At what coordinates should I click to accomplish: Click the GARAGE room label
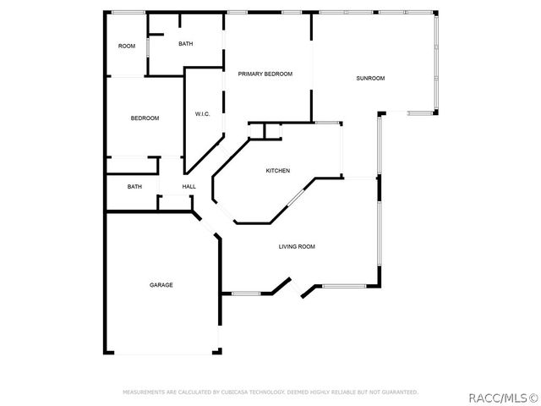[161, 285]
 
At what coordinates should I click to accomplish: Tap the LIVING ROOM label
[297, 246]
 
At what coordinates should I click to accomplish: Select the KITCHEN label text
[278, 171]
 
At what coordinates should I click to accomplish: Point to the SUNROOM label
[370, 79]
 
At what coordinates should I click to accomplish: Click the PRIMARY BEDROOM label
[265, 74]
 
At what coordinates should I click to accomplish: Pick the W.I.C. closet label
[202, 114]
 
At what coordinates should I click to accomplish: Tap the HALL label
[189, 186]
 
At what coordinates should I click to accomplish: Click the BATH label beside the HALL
[134, 186]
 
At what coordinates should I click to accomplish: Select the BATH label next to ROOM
[186, 44]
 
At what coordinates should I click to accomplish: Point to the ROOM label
[127, 46]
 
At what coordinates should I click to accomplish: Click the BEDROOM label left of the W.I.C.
[145, 118]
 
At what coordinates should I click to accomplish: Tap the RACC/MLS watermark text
[504, 398]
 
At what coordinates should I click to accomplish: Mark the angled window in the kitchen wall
[296, 197]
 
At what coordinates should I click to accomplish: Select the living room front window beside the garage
[246, 294]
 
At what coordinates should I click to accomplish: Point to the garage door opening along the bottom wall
[163, 353]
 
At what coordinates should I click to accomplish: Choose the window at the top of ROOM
[128, 13]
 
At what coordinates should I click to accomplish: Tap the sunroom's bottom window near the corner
[420, 112]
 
